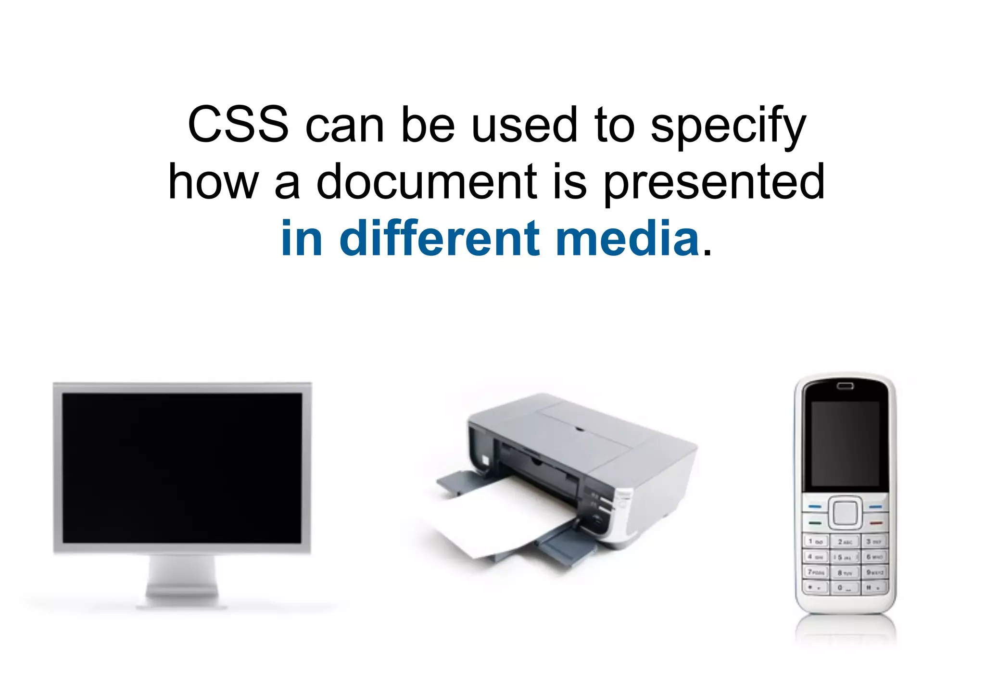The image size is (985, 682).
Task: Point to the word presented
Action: pyautogui.click(x=714, y=183)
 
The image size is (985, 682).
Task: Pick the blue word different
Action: pyautogui.click(x=440, y=239)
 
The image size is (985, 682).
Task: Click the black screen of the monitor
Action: pyautogui.click(x=182, y=467)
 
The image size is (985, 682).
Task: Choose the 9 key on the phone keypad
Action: pyautogui.click(x=874, y=572)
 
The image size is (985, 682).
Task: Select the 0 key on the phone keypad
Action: pyautogui.click(x=845, y=588)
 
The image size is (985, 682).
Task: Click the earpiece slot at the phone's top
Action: pyautogui.click(x=845, y=386)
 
